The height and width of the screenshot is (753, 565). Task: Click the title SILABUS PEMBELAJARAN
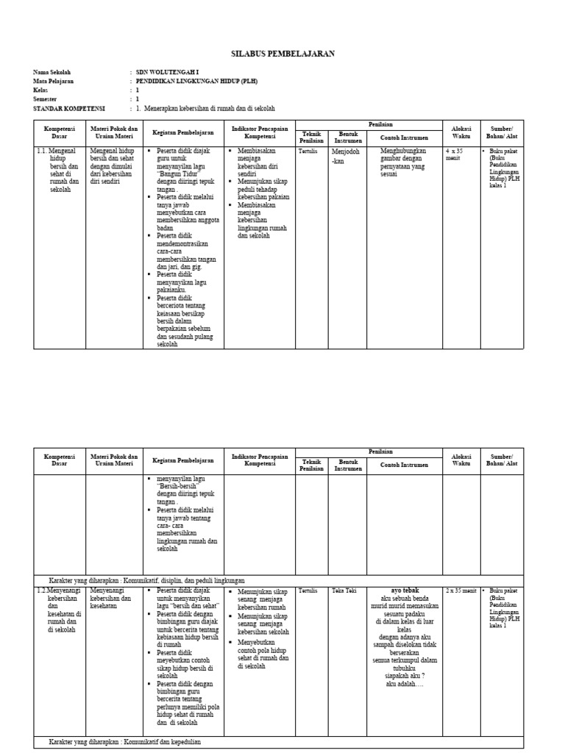click(x=283, y=54)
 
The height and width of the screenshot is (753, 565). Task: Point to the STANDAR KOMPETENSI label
click(x=69, y=108)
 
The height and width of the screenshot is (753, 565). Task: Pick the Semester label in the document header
click(x=45, y=99)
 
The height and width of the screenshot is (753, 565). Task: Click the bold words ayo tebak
click(x=405, y=590)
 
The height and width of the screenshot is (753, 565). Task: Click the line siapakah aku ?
click(x=405, y=676)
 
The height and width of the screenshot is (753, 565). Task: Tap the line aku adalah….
click(x=405, y=684)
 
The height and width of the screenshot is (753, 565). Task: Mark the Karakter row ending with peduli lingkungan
click(x=146, y=580)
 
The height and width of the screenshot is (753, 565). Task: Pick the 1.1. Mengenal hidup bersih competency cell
click(x=57, y=169)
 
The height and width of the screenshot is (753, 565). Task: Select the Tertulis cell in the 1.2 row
click(x=308, y=591)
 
